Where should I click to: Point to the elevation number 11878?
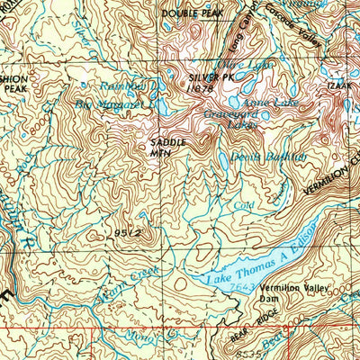[x=201, y=87]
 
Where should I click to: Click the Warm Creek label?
[x=114, y=274]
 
